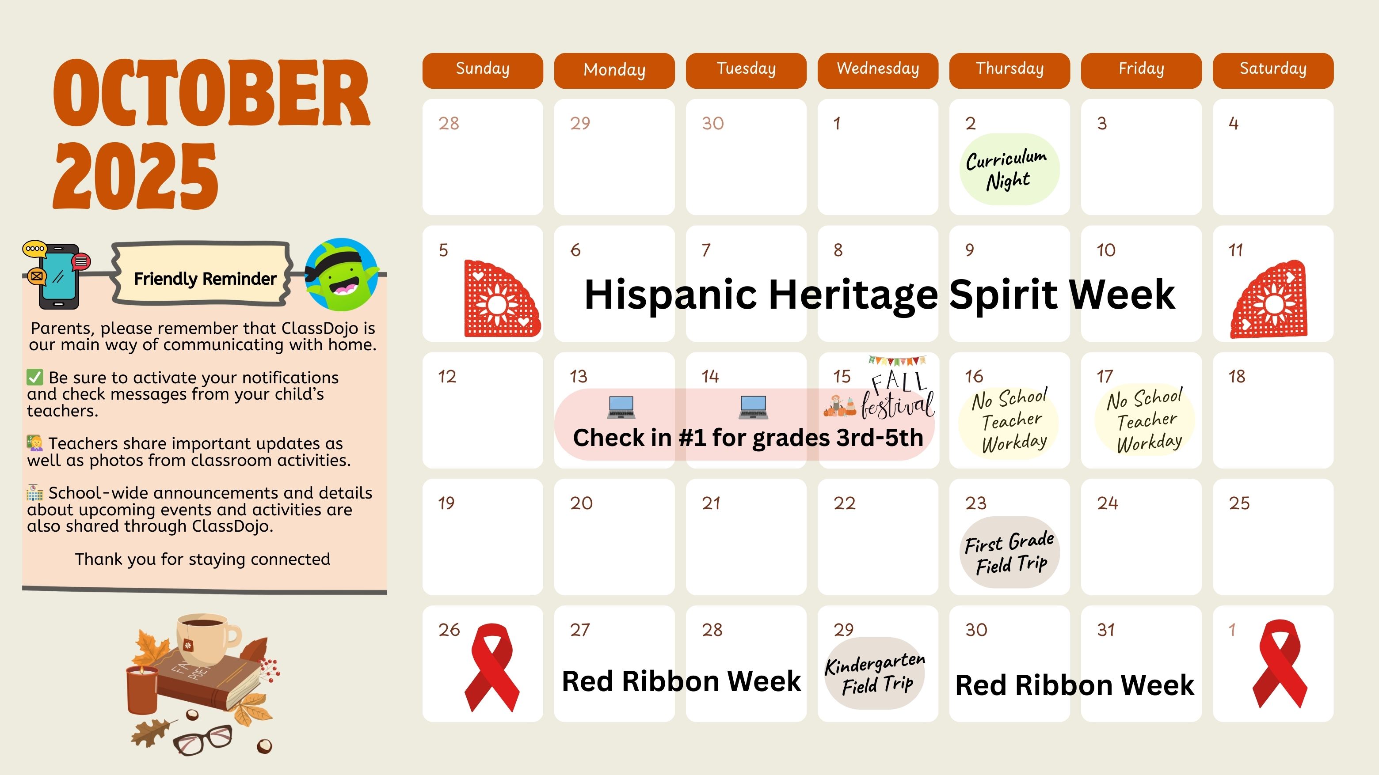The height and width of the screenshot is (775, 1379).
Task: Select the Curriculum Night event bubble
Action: (1009, 169)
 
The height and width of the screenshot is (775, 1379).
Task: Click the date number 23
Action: (975, 503)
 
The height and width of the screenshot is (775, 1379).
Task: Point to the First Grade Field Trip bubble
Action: (1009, 552)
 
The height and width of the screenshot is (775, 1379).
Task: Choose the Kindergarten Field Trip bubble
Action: (875, 673)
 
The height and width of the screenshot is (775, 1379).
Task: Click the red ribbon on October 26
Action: (491, 668)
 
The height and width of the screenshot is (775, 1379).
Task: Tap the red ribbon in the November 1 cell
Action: (1280, 664)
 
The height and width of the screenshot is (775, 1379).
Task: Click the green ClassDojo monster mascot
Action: (342, 274)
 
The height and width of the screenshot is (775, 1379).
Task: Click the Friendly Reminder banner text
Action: (205, 279)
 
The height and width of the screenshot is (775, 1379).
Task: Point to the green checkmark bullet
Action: (34, 377)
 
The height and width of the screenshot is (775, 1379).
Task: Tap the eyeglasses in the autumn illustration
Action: (202, 739)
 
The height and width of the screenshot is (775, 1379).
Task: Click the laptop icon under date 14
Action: (753, 407)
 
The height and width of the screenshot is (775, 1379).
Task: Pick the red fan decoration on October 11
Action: (1269, 299)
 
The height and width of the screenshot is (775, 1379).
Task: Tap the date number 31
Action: (1106, 630)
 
